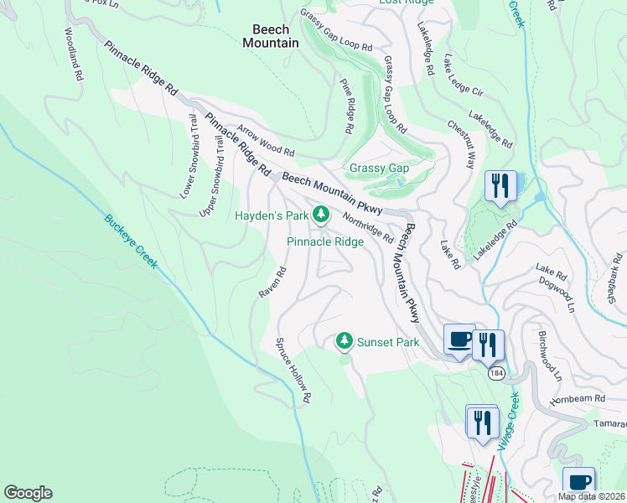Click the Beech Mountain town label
[270, 35]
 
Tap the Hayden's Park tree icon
[320, 215]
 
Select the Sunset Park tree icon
[343, 341]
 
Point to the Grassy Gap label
[379, 169]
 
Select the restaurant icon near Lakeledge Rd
[501, 185]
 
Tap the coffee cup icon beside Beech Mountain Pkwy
[459, 339]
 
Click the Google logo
[28, 493]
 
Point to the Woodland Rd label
[74, 55]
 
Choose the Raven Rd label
[273, 282]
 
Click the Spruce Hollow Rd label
[294, 370]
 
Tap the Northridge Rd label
[368, 226]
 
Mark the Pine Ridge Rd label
[346, 107]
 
